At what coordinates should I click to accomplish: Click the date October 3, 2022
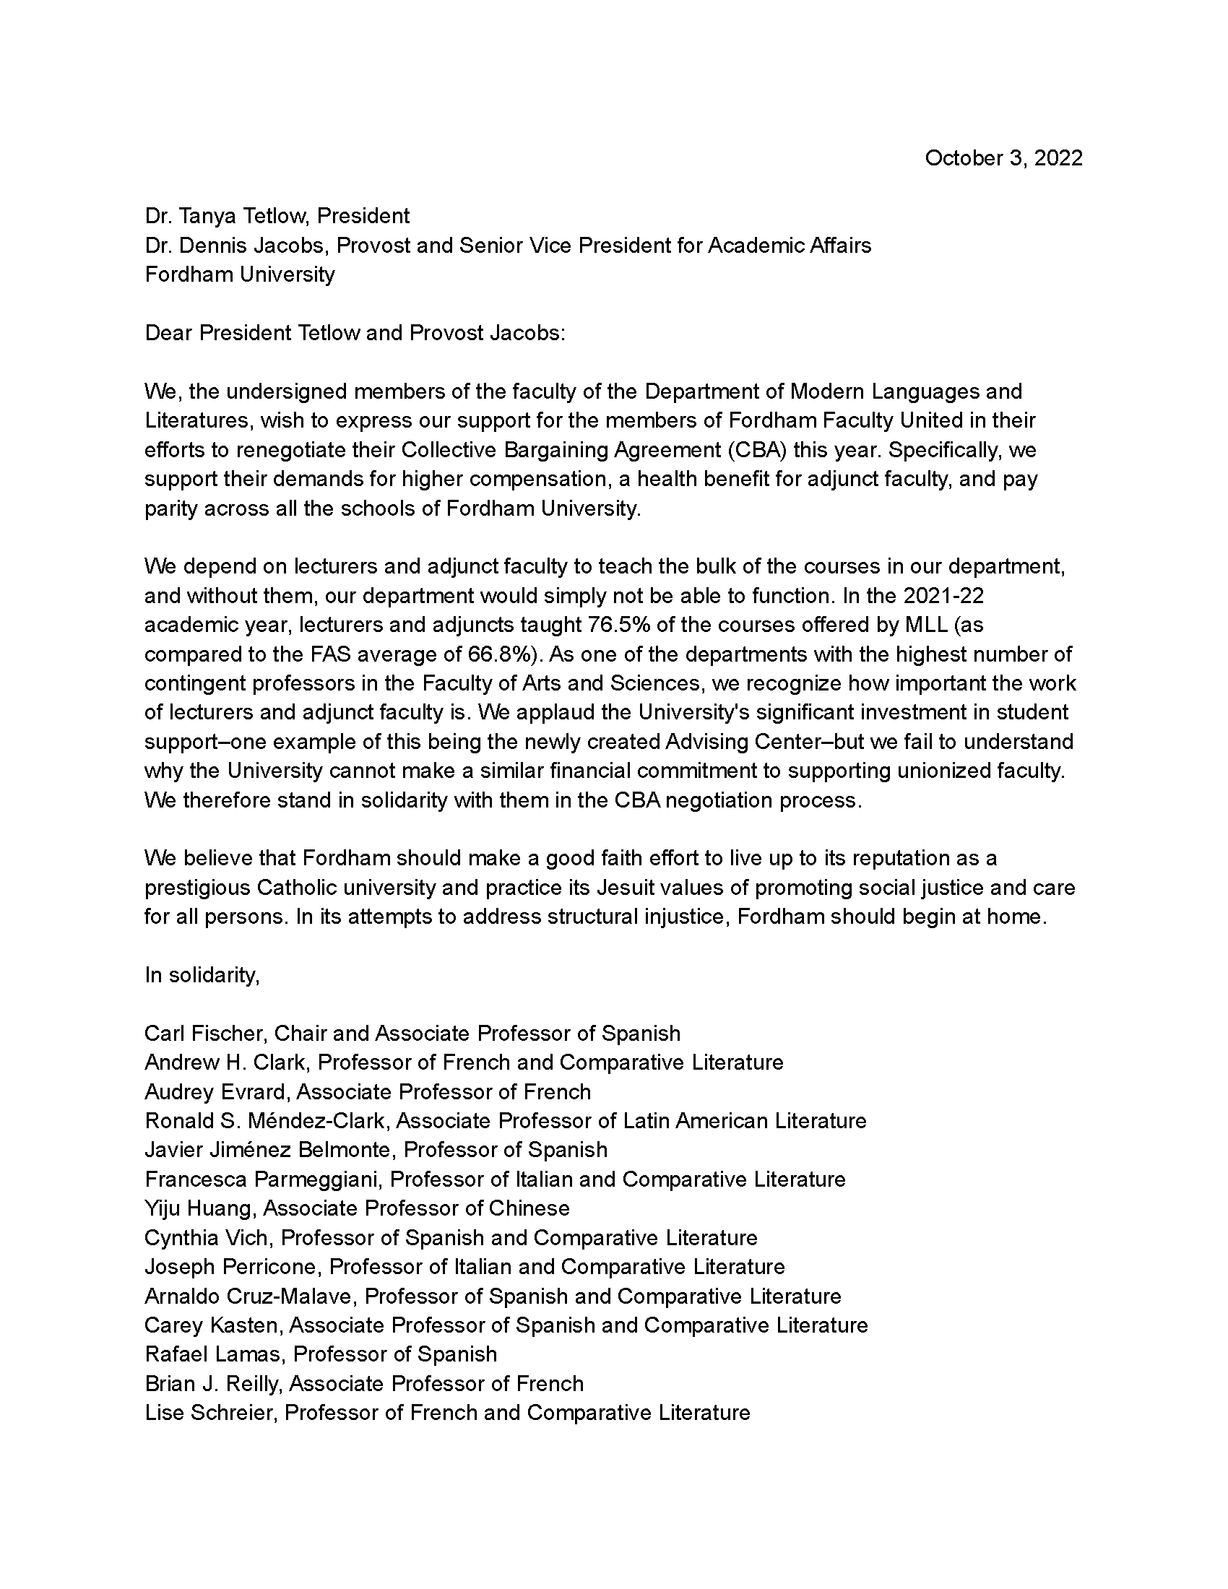click(x=1003, y=159)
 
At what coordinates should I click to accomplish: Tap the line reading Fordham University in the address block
click(x=239, y=274)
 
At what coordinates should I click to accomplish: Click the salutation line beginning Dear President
click(x=354, y=333)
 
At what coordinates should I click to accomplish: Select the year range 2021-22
click(x=943, y=596)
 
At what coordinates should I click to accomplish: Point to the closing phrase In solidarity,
click(x=202, y=975)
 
